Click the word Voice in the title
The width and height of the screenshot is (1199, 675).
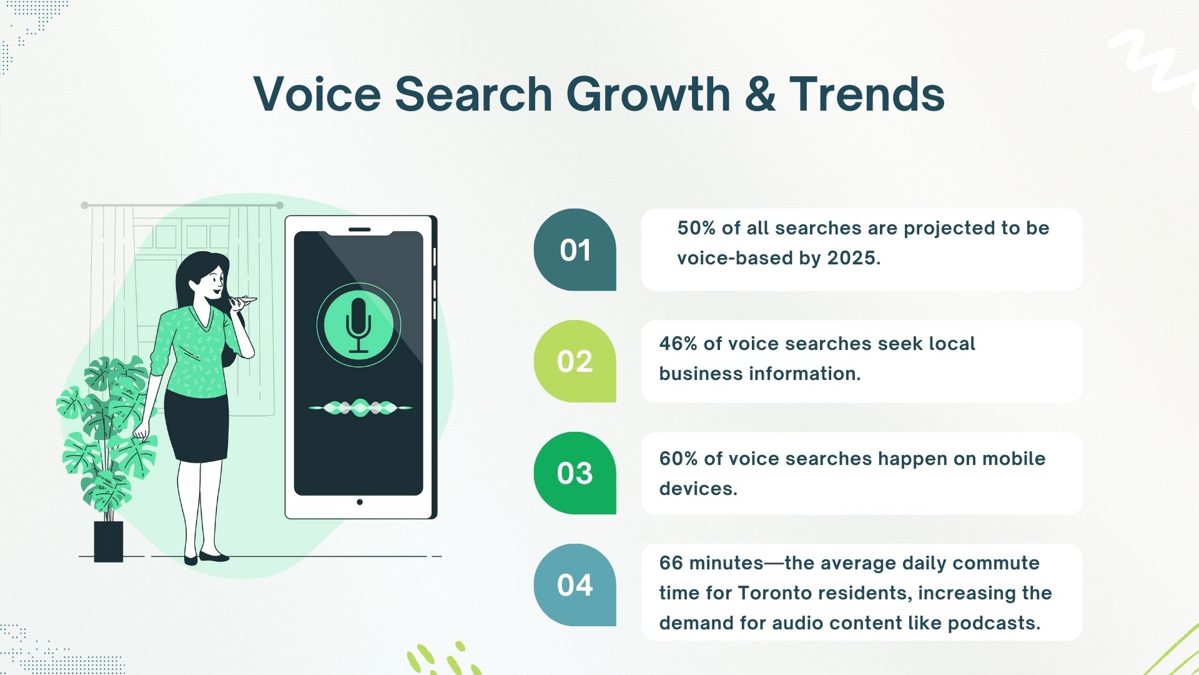click(x=317, y=94)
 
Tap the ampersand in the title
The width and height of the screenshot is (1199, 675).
click(x=760, y=94)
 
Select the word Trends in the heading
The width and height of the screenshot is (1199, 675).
click(x=867, y=94)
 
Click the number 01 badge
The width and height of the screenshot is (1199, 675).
click(x=575, y=250)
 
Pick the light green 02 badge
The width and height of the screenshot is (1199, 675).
click(x=575, y=361)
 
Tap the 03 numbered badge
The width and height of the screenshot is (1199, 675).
click(x=575, y=473)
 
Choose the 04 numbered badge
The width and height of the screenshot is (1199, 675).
click(x=575, y=585)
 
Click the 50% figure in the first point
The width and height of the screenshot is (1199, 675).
click(x=696, y=228)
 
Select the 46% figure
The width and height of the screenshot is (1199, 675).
click(x=678, y=344)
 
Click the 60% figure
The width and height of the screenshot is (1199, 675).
click(x=678, y=459)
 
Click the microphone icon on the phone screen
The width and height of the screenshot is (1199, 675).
click(x=358, y=325)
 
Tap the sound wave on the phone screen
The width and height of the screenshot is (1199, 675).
click(x=360, y=407)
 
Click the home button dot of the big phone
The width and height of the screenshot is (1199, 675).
click(x=359, y=502)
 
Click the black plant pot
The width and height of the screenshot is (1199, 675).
click(x=109, y=541)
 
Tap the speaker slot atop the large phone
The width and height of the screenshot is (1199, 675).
click(x=359, y=229)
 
